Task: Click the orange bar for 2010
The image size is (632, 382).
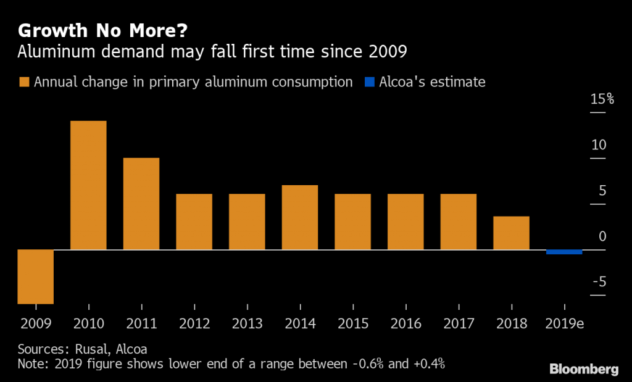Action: coord(88,185)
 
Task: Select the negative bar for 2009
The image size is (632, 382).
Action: coord(36,276)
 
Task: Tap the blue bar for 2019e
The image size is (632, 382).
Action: coord(564,252)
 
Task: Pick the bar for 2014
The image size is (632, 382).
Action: coord(300,217)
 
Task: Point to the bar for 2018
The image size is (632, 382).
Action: coord(511,233)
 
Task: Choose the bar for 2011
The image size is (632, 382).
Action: coord(141,204)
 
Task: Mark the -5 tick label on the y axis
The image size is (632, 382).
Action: coord(599,283)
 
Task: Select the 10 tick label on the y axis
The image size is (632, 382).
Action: coord(599,145)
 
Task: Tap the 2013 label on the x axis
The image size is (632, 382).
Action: coord(247,324)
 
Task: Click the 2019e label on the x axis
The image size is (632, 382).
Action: coord(564,324)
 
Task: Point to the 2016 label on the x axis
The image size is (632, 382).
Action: coord(405,324)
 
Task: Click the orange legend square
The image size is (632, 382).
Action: coord(24,82)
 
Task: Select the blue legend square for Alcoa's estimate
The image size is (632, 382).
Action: coord(369,82)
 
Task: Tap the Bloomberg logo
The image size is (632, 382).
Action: coord(584,369)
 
